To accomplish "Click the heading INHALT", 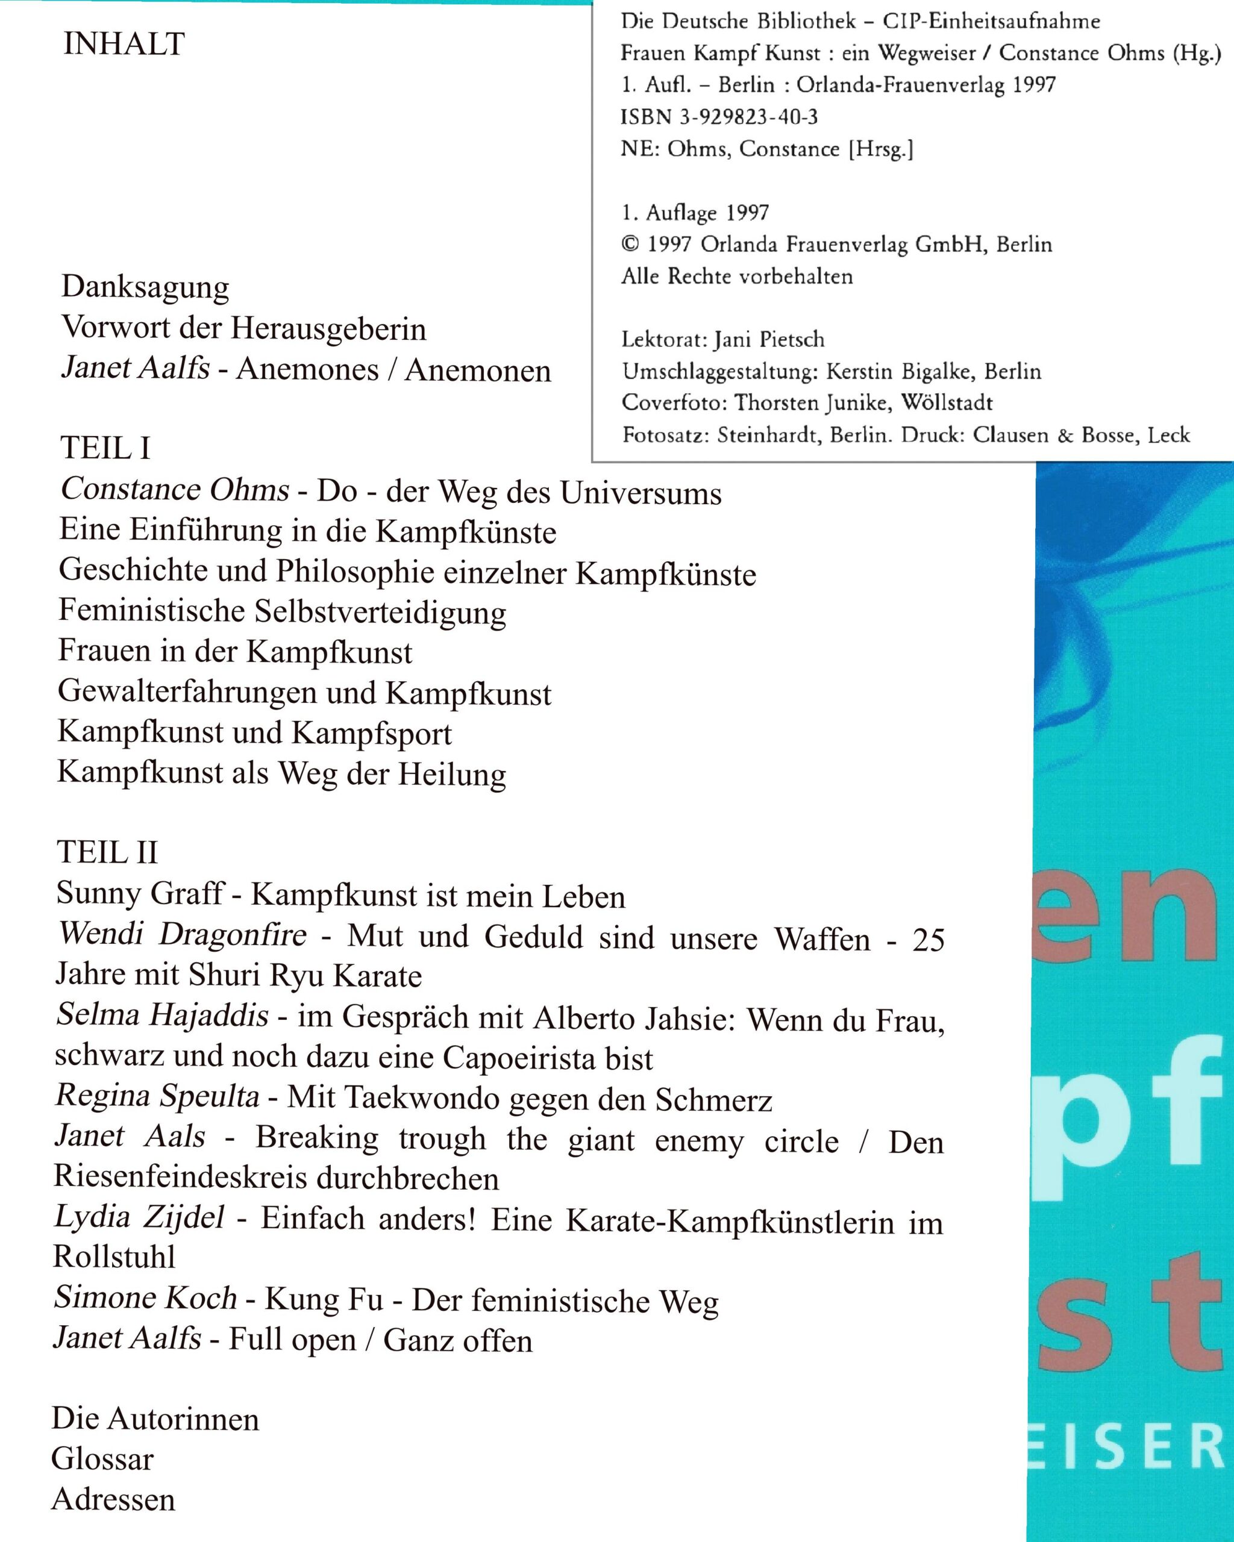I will [124, 45].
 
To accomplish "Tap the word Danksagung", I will [145, 287].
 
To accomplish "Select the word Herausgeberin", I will [328, 329].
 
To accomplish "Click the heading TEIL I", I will [105, 448].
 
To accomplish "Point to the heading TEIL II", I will [107, 852].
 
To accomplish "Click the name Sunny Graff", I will [140, 893].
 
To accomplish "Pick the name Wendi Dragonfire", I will [183, 934].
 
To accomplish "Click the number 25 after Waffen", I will [929, 940].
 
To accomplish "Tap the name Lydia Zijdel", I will [140, 1218].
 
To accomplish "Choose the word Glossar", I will [102, 1459].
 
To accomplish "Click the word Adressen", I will [113, 1500].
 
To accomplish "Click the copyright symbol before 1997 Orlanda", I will [630, 245].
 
